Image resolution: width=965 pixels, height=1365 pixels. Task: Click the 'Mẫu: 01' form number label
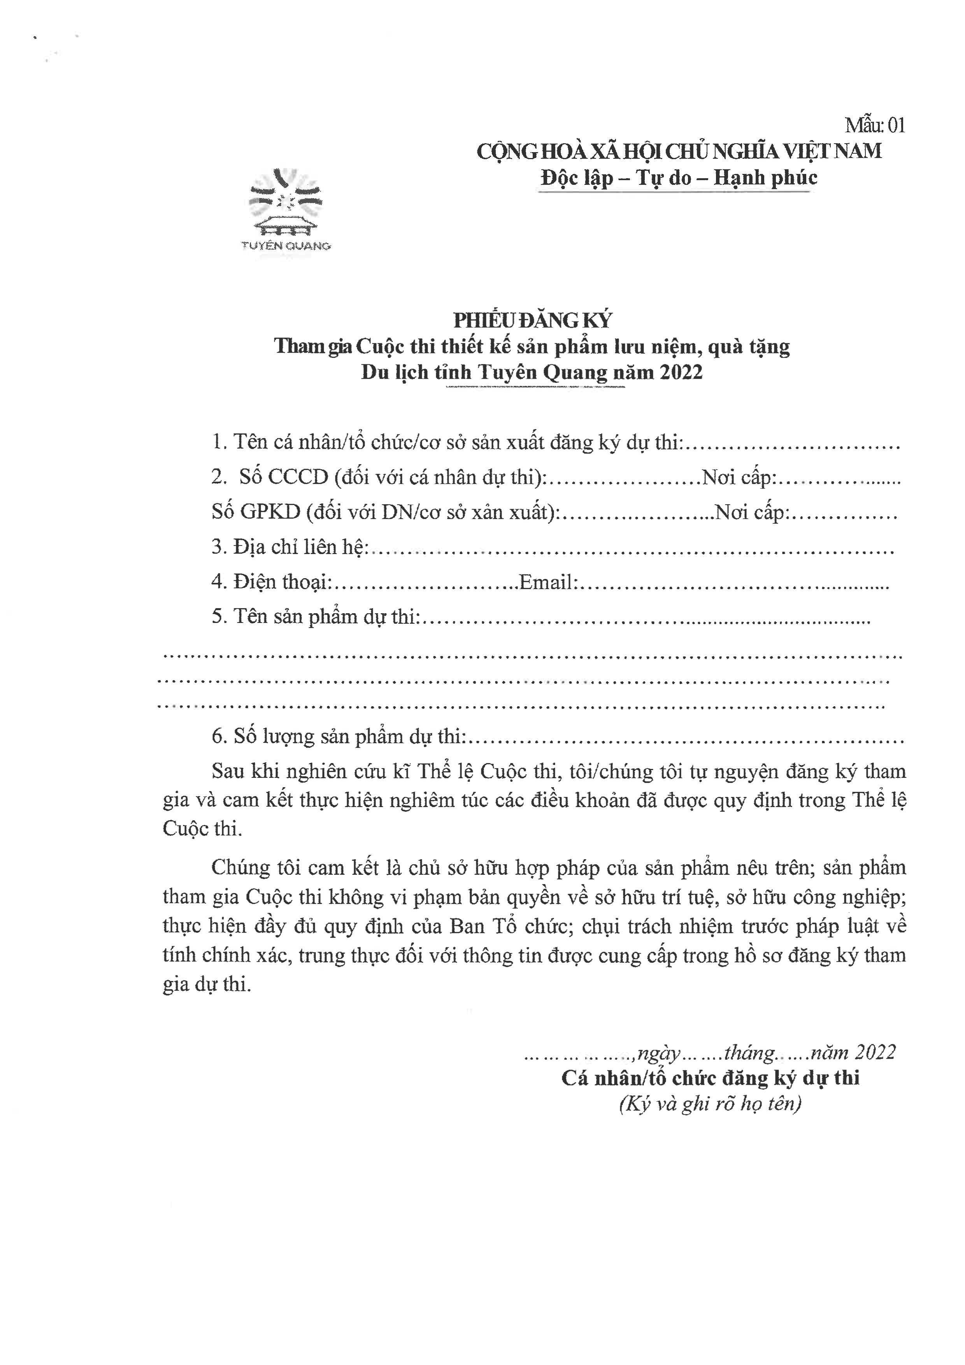coord(875,125)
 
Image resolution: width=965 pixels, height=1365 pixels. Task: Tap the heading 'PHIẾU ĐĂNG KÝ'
coord(532,321)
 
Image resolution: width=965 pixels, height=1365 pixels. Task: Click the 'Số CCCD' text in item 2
coord(284,477)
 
